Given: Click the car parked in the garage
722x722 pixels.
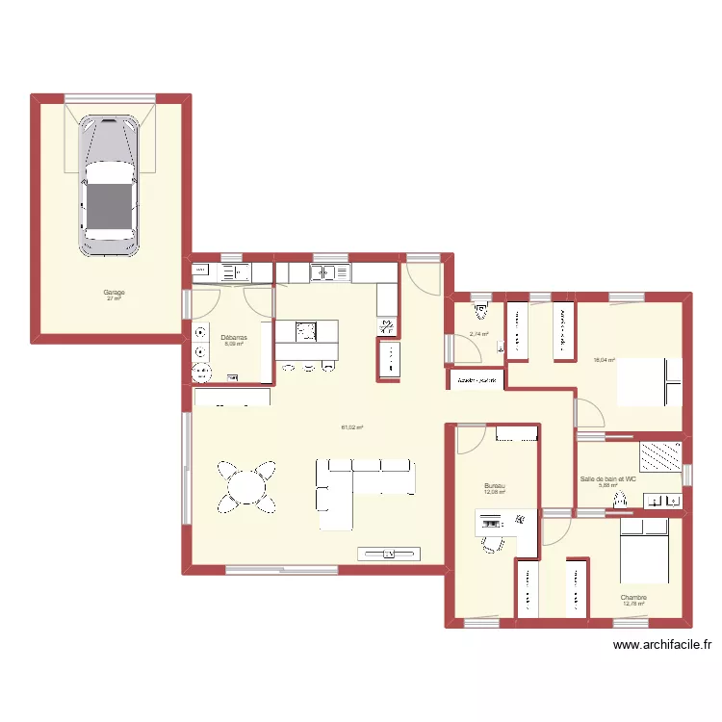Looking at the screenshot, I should pyautogui.click(x=108, y=187).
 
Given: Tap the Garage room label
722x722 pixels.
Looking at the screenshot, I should pyautogui.click(x=115, y=293).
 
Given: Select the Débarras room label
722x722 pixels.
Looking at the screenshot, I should pyautogui.click(x=234, y=338).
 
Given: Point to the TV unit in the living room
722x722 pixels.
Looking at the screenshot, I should pyautogui.click(x=390, y=553).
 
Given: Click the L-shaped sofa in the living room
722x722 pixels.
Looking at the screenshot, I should pyautogui.click(x=356, y=481).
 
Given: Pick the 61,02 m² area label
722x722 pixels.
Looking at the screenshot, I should pyautogui.click(x=351, y=427).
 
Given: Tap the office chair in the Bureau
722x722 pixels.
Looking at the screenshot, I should pyautogui.click(x=492, y=543).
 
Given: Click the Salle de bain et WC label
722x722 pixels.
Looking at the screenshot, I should pyautogui.click(x=608, y=478).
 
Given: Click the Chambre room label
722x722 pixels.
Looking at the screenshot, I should pyautogui.click(x=633, y=598).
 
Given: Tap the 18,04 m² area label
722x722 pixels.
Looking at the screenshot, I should pyautogui.click(x=605, y=360).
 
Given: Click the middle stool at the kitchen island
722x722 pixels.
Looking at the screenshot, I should pyautogui.click(x=307, y=366).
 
